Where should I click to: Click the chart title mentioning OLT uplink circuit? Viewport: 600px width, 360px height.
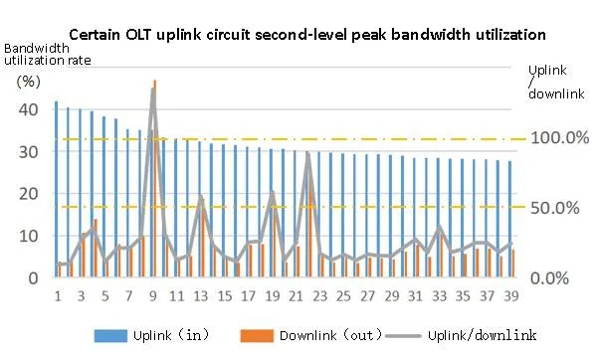tap(307, 34)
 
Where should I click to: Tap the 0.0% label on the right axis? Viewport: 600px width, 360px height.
tap(564, 277)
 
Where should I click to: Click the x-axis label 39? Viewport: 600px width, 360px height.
tap(510, 295)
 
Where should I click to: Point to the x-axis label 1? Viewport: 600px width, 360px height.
tap(58, 295)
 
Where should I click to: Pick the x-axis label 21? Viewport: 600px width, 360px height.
tap(296, 295)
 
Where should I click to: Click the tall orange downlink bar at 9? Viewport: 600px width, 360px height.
tap(154, 179)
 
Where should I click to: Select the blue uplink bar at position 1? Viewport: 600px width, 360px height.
tap(56, 189)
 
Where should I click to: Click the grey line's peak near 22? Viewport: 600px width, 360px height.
tap(308, 153)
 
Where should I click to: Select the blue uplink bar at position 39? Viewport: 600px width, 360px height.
tap(509, 219)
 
